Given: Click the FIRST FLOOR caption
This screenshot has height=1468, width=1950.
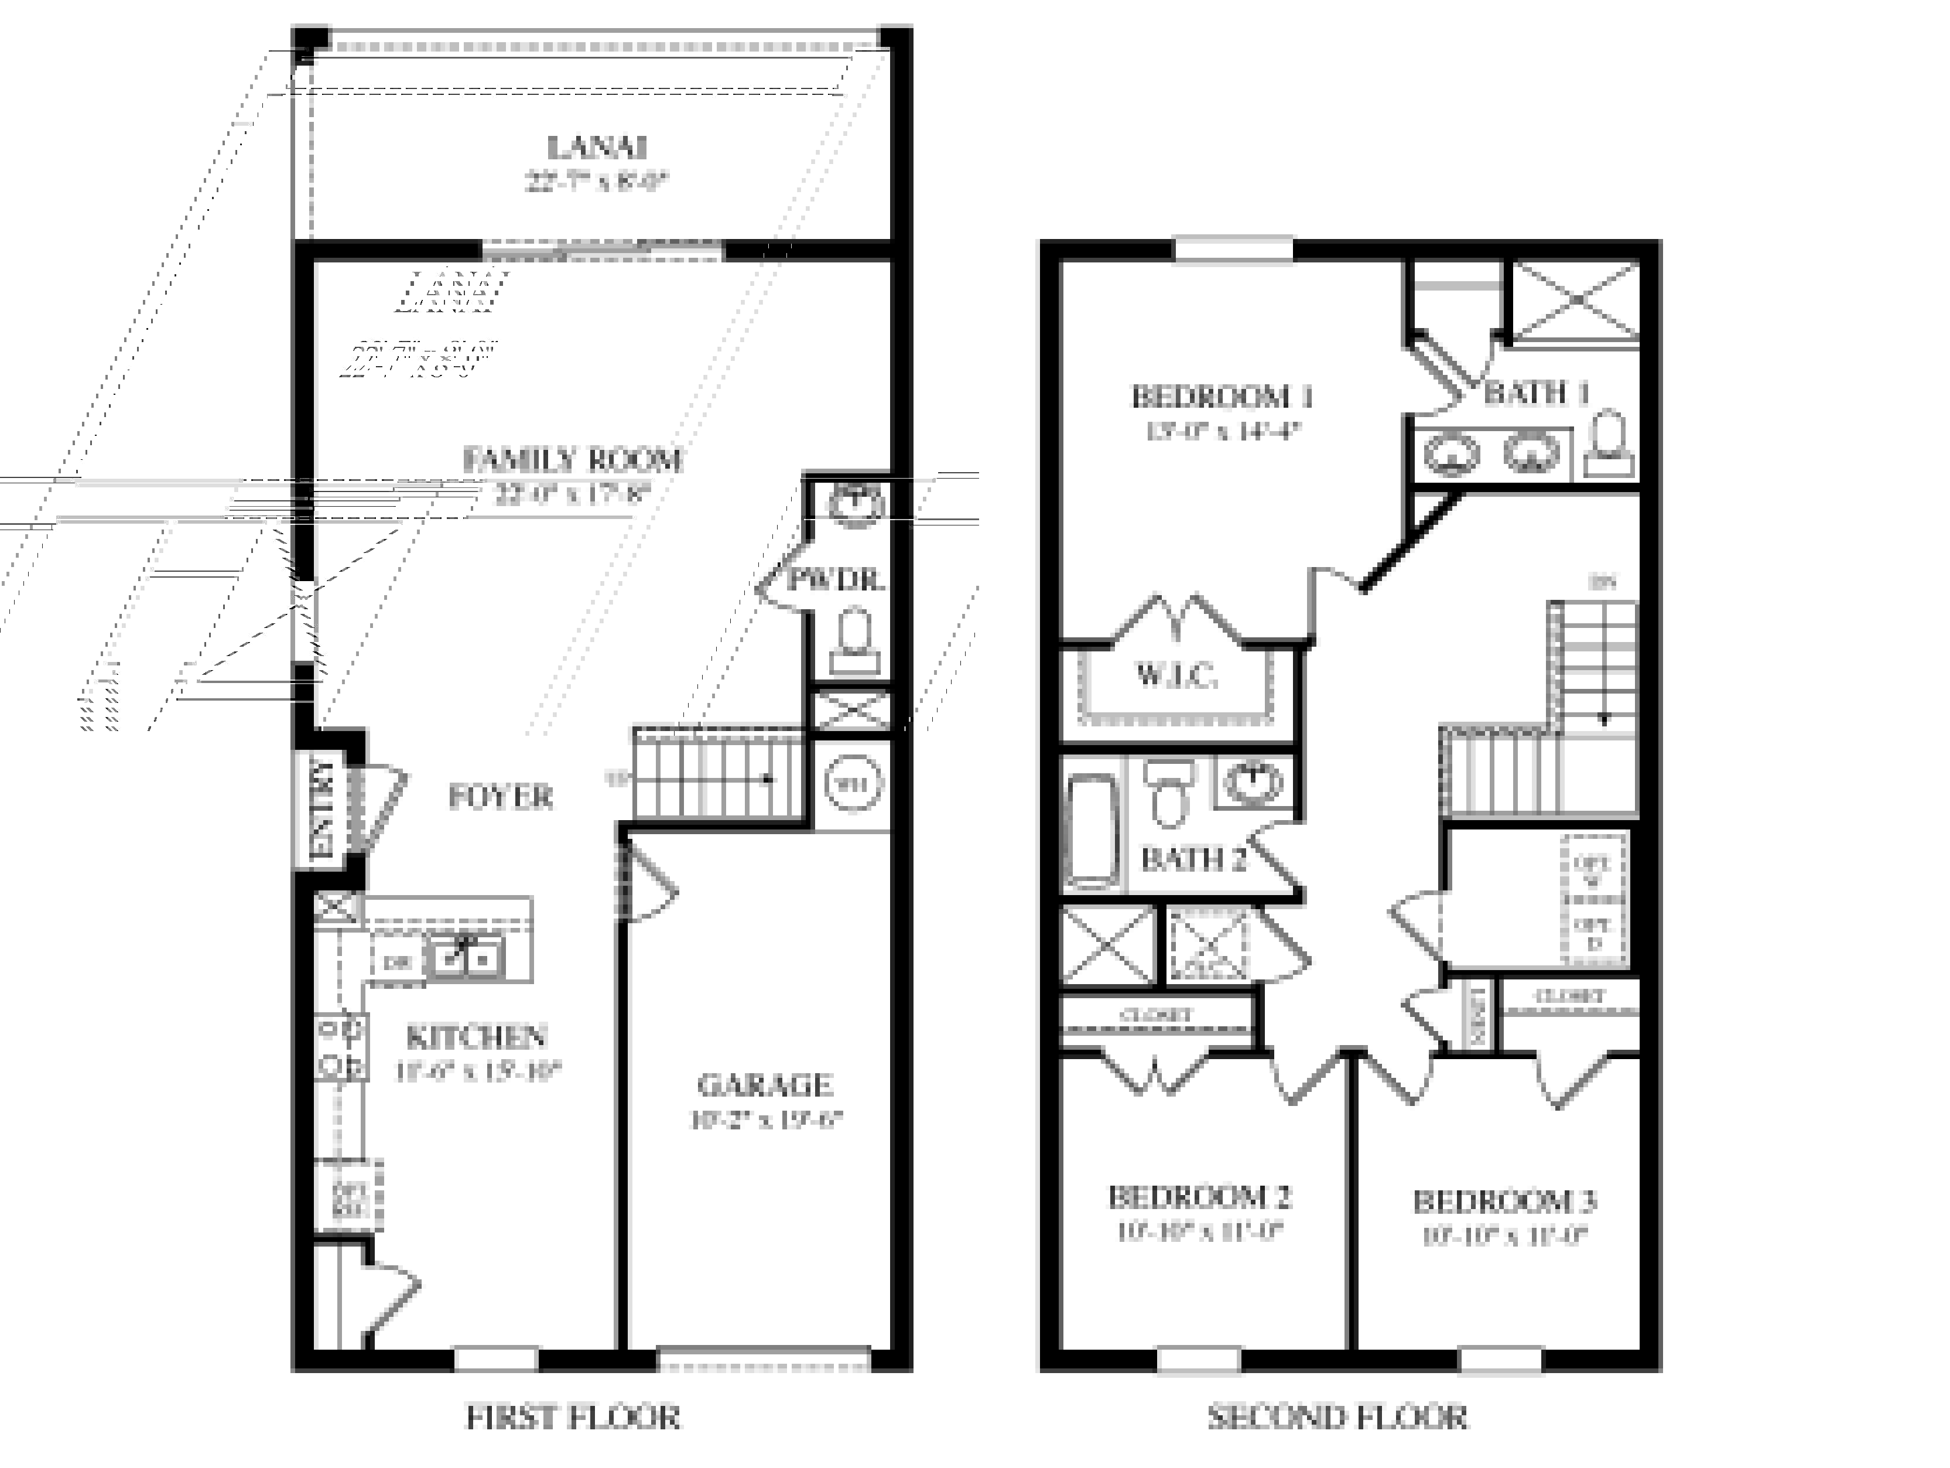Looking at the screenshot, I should coord(573,1418).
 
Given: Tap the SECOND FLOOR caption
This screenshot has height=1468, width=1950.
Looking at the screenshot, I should coord(1337,1418).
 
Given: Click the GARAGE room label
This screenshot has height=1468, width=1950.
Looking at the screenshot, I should coord(764,1084).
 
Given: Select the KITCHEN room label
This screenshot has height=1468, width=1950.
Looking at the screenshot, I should coord(477,1036).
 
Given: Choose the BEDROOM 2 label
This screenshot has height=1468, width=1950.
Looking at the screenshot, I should coord(1200,1197).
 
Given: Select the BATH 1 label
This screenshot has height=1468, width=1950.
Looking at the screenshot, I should coord(1537,393).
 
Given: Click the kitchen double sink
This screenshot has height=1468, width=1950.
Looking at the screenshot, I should coord(464,957).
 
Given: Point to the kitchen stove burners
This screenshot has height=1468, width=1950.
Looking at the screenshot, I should coord(340,1047).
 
